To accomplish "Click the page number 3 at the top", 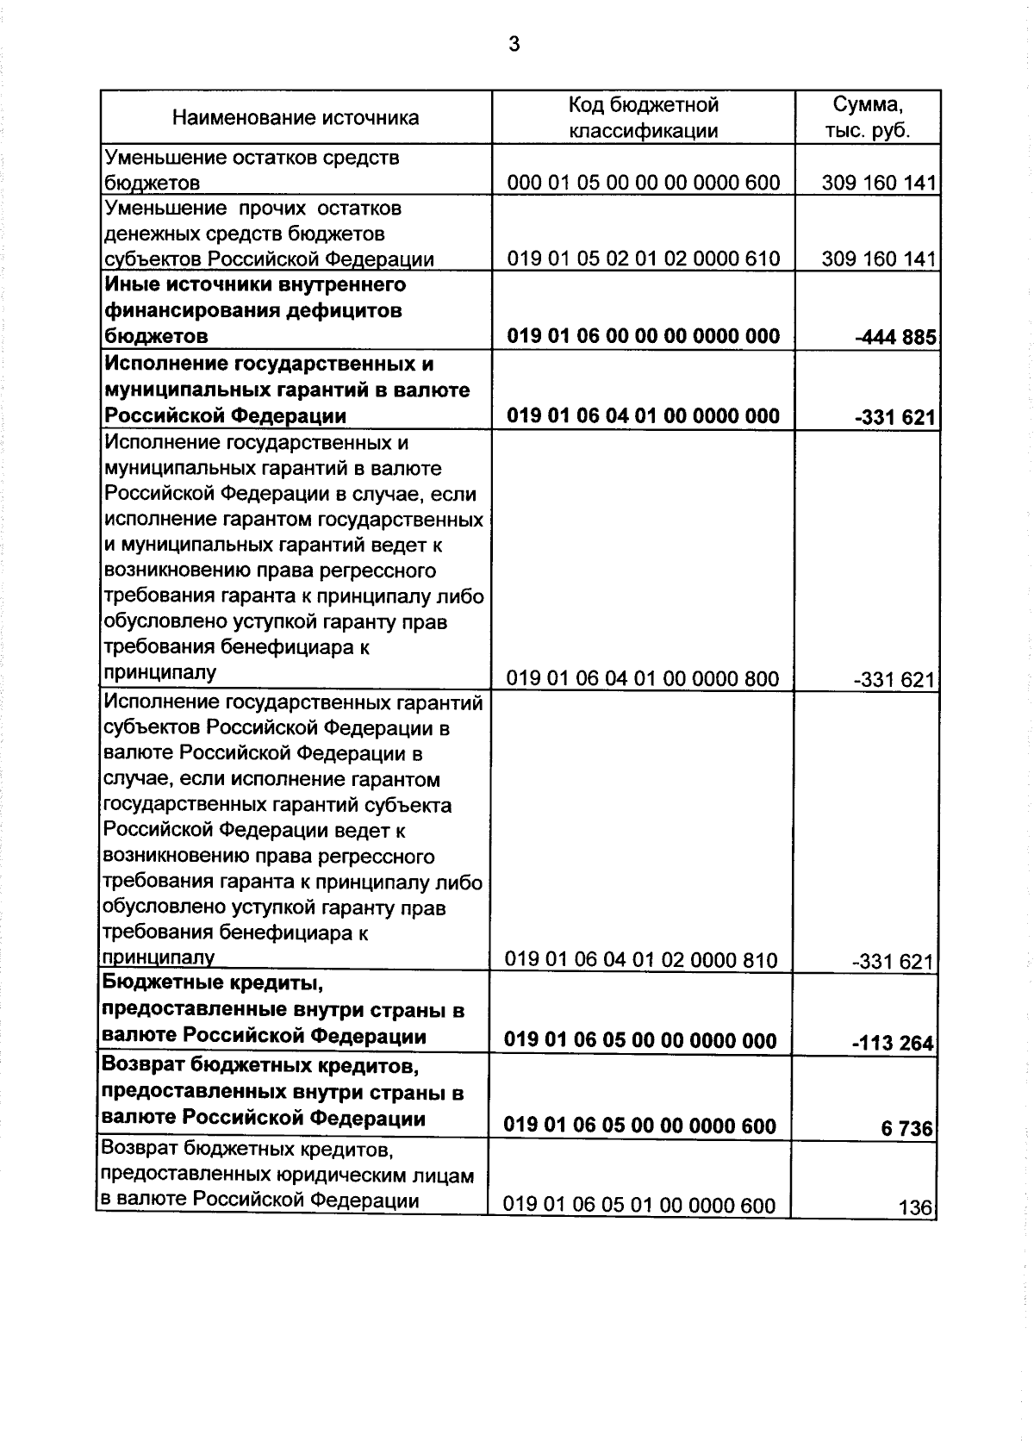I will (x=514, y=44).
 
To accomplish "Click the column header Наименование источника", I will (x=296, y=118).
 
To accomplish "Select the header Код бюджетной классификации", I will (x=643, y=118).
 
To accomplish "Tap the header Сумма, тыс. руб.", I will (x=867, y=118).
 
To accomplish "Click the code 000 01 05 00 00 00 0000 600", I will (x=643, y=183).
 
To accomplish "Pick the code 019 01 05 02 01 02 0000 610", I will (x=643, y=259).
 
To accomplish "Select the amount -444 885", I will (x=895, y=337).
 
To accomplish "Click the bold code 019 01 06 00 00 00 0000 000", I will (x=643, y=336).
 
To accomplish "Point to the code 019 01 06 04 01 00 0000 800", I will (x=642, y=679).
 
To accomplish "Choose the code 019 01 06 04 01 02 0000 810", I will (x=641, y=960).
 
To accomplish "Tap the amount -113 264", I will (x=893, y=1044).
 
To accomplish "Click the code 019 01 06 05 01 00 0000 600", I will (x=639, y=1206).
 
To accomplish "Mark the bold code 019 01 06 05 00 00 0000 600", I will (x=639, y=1126).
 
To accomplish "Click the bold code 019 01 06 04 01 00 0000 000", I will (x=643, y=416).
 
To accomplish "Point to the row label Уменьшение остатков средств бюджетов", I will (x=252, y=170).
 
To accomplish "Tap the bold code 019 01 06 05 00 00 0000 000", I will (x=640, y=1041).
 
